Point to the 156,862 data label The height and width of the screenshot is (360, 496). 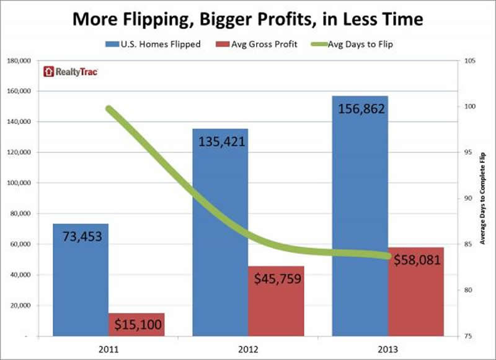pos(361,109)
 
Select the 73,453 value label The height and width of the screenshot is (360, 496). pos(81,236)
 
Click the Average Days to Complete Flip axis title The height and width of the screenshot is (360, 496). pos(485,198)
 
